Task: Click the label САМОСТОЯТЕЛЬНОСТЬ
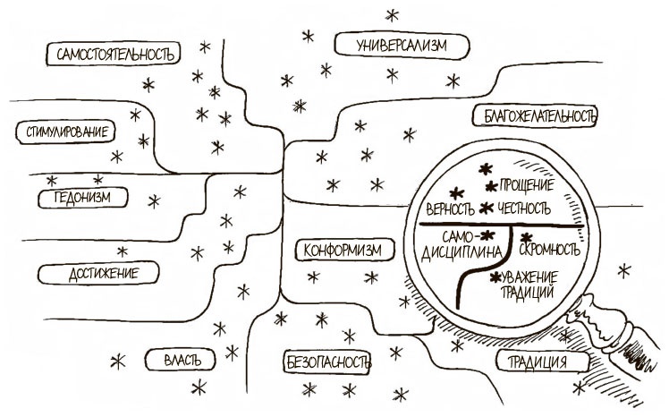point(113,55)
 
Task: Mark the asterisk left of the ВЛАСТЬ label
point(116,362)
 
